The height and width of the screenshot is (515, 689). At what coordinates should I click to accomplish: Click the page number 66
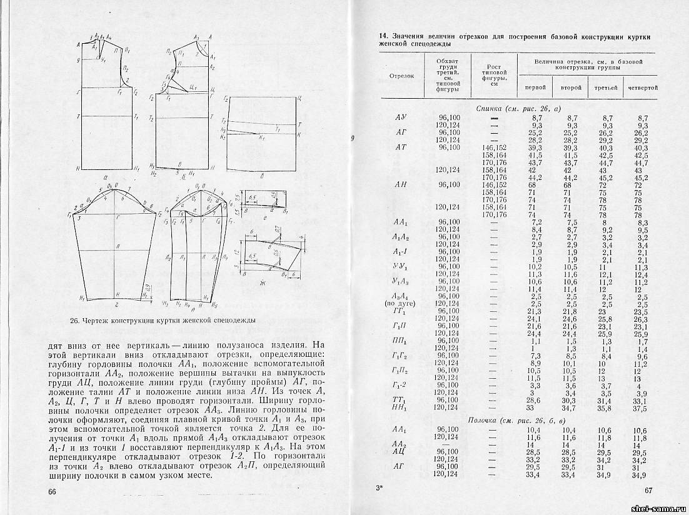(53, 491)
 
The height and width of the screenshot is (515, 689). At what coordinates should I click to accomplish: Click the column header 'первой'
(535, 87)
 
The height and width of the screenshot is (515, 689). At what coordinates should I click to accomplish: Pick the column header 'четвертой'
(643, 87)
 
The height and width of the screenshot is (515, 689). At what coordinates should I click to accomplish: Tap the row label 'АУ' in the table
(401, 117)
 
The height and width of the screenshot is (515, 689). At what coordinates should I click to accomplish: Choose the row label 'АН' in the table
(401, 184)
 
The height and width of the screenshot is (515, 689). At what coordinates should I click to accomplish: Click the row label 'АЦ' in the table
(398, 451)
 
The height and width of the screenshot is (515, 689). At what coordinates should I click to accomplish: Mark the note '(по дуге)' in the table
(400, 304)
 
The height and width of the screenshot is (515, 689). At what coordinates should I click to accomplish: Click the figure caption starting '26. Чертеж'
(163, 320)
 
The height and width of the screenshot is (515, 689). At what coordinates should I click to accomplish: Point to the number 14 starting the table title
(384, 37)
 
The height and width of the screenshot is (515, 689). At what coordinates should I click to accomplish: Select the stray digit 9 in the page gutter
(353, 139)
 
